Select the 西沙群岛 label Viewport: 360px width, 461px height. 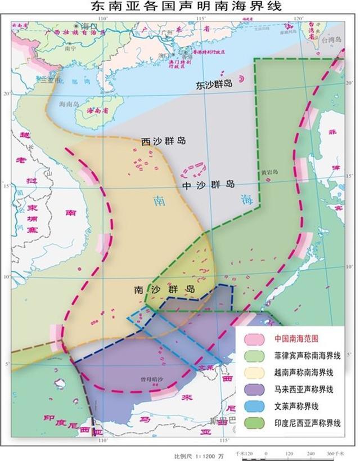163,141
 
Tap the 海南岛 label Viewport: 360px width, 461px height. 69,105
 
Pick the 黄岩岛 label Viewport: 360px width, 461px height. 269,173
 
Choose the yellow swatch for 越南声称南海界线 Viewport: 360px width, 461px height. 253,372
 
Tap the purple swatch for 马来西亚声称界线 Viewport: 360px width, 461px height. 253,389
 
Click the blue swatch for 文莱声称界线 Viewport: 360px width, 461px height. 253,405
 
